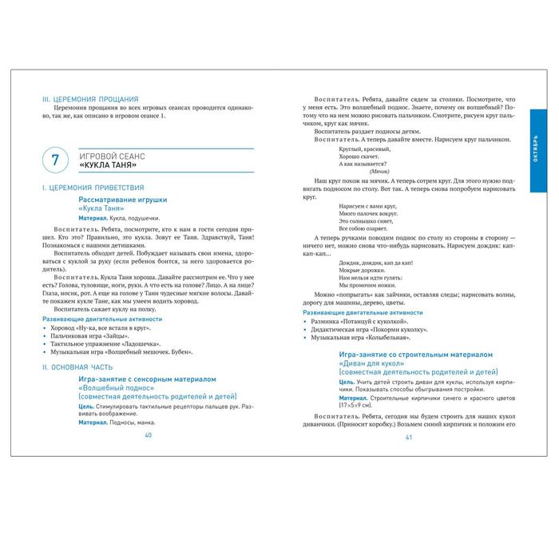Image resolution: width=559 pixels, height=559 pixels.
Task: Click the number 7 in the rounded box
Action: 54,160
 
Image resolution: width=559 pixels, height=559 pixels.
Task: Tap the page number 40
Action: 148,436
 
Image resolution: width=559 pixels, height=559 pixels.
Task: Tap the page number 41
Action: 408,436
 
